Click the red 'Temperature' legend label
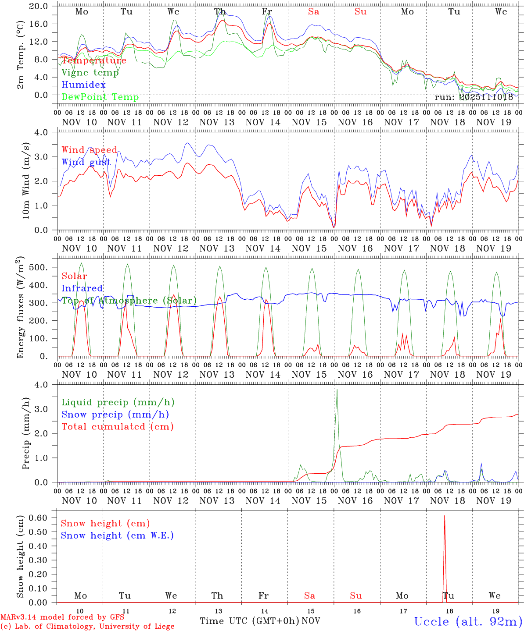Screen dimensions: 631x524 pos(94,60)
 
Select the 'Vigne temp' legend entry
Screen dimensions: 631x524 pos(90,73)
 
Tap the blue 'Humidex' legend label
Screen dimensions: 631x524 pos(83,85)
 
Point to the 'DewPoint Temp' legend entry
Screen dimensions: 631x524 pos(100,97)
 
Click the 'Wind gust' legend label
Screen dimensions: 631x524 pos(86,162)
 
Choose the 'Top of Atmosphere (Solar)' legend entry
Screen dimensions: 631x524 pos(129,301)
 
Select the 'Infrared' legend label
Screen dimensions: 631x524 pos(82,288)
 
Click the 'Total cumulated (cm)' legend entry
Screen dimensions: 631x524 pos(118,427)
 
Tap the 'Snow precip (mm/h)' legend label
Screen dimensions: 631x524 pos(115,415)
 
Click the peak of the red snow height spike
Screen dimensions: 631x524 pos(445,516)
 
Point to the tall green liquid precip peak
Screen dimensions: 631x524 pos(337,390)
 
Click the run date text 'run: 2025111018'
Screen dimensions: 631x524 pos(474,97)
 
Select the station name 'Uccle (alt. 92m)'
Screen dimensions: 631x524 pos(468,621)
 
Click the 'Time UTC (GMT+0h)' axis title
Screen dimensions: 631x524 pos(250,621)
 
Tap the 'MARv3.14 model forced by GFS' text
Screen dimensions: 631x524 pos(62,617)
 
